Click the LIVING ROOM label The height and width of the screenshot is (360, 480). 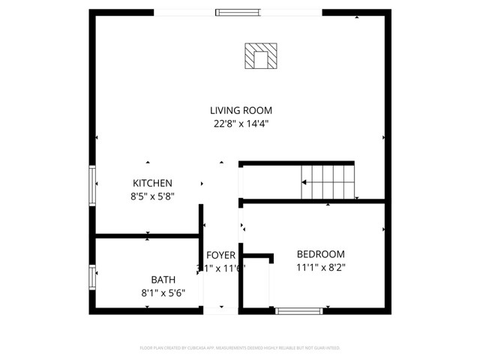click(x=240, y=110)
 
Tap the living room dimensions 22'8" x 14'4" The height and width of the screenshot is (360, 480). click(x=240, y=124)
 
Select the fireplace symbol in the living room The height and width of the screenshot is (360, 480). click(x=261, y=56)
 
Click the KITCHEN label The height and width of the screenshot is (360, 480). click(x=153, y=183)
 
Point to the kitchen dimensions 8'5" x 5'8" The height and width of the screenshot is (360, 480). click(x=153, y=197)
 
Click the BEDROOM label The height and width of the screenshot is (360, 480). click(x=320, y=253)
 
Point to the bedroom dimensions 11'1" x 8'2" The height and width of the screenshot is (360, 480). click(x=320, y=267)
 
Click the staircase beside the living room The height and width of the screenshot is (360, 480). click(x=327, y=182)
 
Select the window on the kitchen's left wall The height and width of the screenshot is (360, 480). click(x=92, y=186)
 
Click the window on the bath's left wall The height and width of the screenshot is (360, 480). click(x=92, y=277)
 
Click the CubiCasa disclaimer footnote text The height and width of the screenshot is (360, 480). click(x=240, y=348)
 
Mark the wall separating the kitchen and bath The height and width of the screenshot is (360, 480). click(x=145, y=238)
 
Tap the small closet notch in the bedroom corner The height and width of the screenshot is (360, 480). click(x=255, y=277)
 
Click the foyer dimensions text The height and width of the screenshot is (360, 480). click(x=221, y=268)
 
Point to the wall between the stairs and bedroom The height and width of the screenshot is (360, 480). click(x=315, y=201)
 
